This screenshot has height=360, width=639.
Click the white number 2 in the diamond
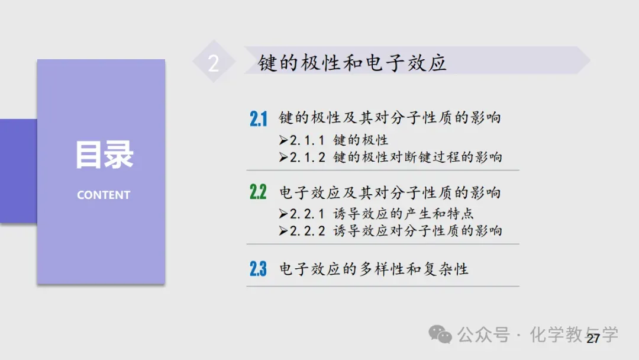pos(214,63)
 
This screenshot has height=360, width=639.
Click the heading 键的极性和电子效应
pos(352,63)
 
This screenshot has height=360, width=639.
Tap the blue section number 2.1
pos(259,118)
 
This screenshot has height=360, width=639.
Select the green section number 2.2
pos(258,192)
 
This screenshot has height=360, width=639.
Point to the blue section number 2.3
pos(258,269)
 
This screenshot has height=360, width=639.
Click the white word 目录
pos(104,155)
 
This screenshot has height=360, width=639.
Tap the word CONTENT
pos(104,195)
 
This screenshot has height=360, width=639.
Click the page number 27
pos(593,339)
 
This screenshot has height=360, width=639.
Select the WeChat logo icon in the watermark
pos(440,335)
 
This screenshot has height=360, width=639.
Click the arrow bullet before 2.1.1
pos(283,140)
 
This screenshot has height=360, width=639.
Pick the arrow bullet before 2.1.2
pos(283,157)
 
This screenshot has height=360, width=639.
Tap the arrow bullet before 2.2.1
pos(283,214)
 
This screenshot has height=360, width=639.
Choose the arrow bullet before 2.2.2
pos(283,231)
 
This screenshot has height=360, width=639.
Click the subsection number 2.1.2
pos(308,157)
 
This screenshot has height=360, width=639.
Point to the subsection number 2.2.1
pos(308,214)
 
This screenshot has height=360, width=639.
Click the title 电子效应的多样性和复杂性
pos(374,269)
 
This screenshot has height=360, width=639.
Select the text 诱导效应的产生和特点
pos(404,214)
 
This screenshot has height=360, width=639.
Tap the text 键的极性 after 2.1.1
pos(361,140)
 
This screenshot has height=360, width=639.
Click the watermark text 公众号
pos(483,335)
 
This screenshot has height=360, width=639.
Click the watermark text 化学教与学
pos(574,335)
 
